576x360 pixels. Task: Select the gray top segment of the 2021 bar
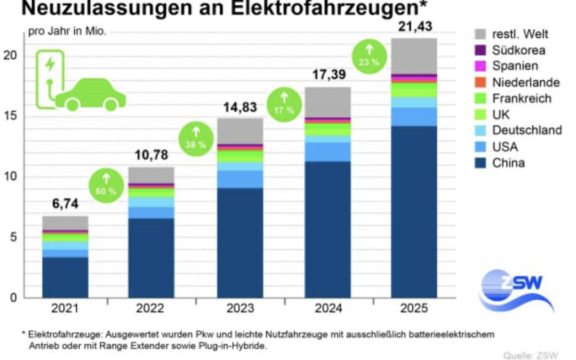tap(65, 222)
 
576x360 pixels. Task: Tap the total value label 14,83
tap(240, 107)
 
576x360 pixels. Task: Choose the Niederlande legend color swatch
tap(481, 82)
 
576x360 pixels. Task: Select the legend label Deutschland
tap(527, 130)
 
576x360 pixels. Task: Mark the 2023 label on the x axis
tap(240, 308)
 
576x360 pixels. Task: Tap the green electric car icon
tap(91, 95)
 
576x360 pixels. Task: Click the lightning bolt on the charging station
tap(50, 65)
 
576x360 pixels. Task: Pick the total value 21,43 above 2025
tap(414, 26)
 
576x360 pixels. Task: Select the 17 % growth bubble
tap(283, 104)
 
